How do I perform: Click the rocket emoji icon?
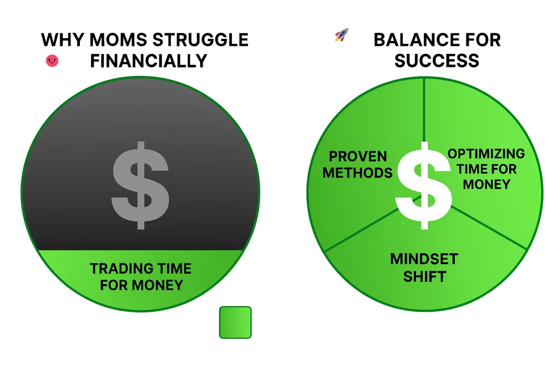tap(342, 35)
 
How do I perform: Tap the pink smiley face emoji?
tap(52, 61)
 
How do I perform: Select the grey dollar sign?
tap(141, 185)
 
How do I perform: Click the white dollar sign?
tap(424, 185)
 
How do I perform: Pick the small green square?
tap(235, 323)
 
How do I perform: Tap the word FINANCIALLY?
tap(149, 61)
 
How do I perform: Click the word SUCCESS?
tap(437, 61)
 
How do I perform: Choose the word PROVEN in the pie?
tap(358, 156)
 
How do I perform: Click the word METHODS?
tap(358, 173)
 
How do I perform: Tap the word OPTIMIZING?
tap(486, 154)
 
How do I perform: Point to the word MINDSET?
tap(424, 259)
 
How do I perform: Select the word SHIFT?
tap(425, 276)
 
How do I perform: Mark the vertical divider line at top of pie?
tap(424, 110)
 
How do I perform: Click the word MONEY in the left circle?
tap(158, 285)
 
